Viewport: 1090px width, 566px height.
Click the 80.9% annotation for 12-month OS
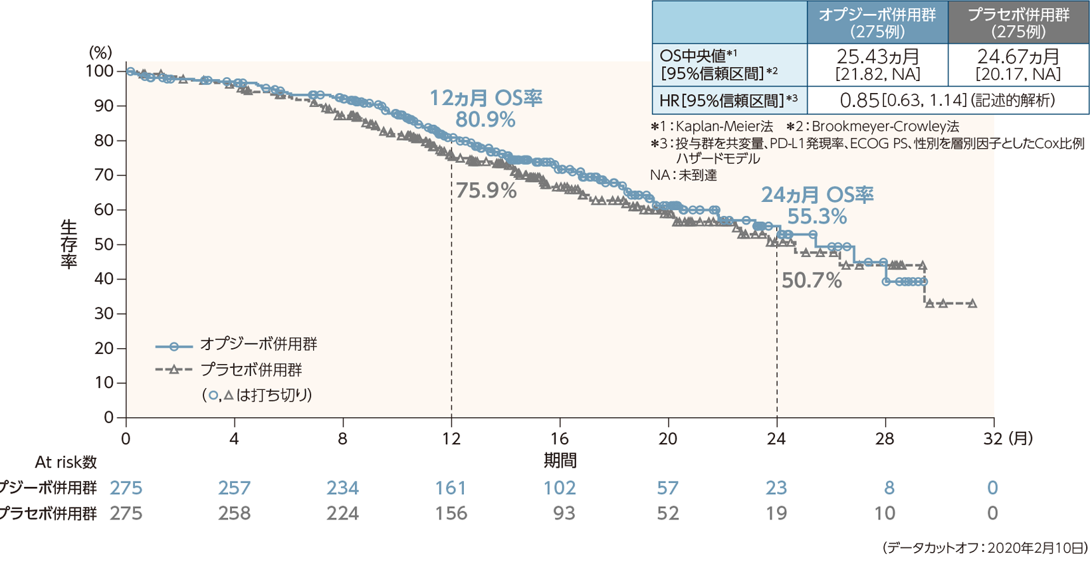click(485, 120)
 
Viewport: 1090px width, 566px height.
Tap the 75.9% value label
click(486, 191)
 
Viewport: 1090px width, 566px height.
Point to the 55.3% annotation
click(817, 217)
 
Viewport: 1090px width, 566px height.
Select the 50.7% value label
click(811, 280)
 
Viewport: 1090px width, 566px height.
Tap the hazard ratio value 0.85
click(859, 100)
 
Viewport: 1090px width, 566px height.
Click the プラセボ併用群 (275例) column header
click(1018, 23)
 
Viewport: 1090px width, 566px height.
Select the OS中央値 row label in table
click(718, 64)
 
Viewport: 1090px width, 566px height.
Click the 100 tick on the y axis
click(99, 71)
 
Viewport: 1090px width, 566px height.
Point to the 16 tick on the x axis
click(560, 438)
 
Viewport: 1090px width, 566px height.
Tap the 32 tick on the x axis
click(992, 438)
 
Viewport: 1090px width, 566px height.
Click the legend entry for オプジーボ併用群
click(259, 344)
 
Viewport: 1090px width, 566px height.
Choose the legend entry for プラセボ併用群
click(251, 369)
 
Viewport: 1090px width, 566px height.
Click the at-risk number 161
click(451, 488)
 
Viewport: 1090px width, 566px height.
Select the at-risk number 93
click(564, 514)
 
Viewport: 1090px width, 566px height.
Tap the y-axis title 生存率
click(68, 244)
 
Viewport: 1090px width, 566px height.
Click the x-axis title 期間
click(560, 460)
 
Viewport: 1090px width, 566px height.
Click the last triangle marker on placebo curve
click(972, 304)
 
